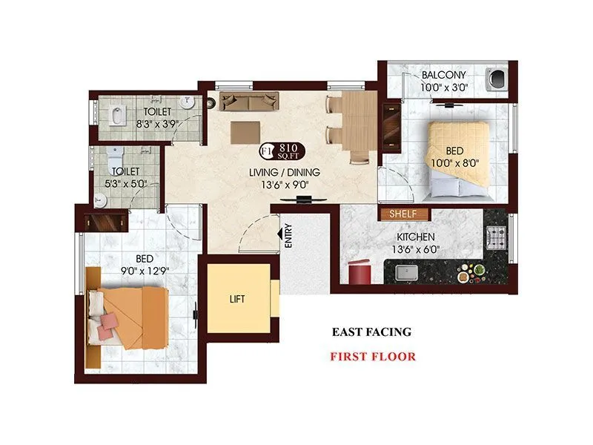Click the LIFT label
(237, 299)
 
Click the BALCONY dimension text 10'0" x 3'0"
(444, 88)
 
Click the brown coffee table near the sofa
(245, 132)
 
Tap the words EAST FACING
(371, 332)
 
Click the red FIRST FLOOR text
(373, 356)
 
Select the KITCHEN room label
(414, 237)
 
